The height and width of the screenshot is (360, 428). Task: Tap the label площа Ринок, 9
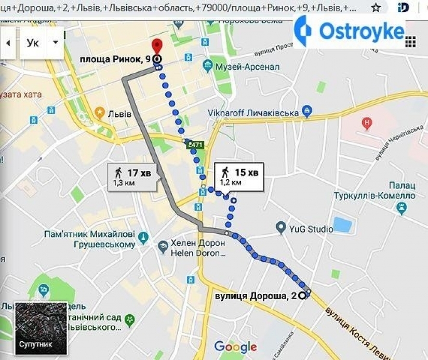[x=115, y=59]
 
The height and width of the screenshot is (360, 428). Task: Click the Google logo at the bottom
[x=235, y=347]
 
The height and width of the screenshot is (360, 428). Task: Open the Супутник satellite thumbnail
[x=41, y=329]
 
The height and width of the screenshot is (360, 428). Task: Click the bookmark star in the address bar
[x=376, y=8]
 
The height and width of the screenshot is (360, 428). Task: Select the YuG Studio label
[x=312, y=228]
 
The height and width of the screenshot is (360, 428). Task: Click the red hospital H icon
[x=367, y=124]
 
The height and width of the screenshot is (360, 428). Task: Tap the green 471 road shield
[x=195, y=144]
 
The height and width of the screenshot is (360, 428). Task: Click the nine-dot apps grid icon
[x=410, y=42]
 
